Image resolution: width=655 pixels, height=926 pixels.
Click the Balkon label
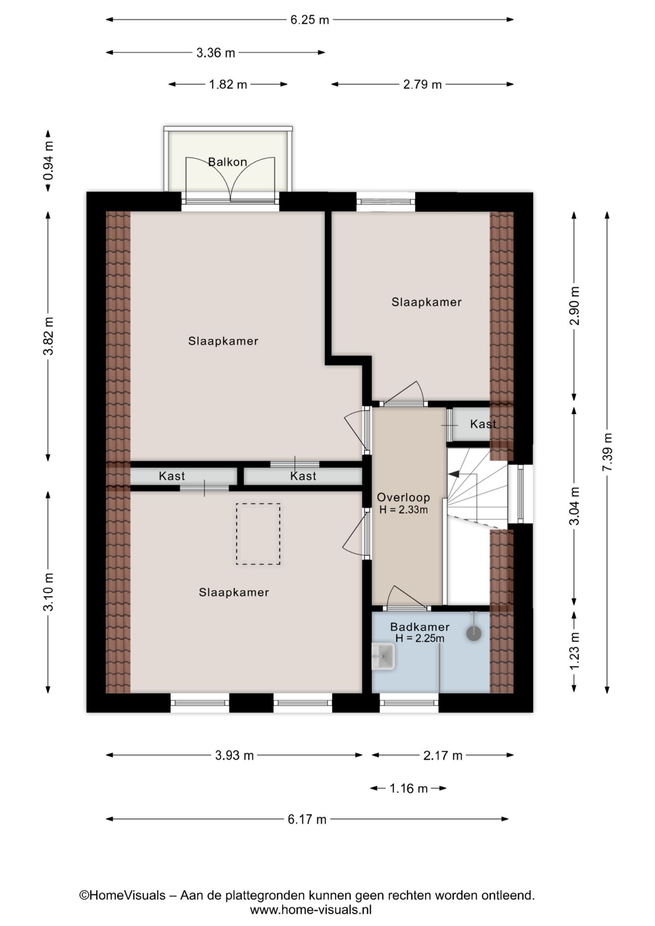[227, 162]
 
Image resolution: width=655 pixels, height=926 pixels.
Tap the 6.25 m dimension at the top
[310, 20]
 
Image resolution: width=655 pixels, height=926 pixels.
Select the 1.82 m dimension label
[228, 85]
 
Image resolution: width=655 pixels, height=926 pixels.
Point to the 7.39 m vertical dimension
[607, 452]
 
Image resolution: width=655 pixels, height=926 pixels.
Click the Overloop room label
[403, 497]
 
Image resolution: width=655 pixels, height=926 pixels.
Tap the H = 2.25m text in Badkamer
[420, 639]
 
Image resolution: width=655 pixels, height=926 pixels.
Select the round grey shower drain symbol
[474, 633]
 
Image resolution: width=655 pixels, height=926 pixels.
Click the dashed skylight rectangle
[258, 534]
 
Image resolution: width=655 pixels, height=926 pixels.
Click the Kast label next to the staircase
[483, 424]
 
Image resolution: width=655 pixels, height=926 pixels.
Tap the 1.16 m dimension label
[409, 789]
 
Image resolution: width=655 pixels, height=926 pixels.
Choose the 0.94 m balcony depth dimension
[48, 161]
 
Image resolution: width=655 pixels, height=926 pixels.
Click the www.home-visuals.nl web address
[311, 910]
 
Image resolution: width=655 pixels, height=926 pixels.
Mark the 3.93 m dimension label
[234, 755]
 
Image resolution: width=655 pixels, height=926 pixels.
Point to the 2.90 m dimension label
[574, 306]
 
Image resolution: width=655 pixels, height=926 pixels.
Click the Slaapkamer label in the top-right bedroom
[426, 302]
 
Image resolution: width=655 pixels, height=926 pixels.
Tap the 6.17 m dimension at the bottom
[307, 819]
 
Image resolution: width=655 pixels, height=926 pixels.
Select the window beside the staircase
[520, 493]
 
